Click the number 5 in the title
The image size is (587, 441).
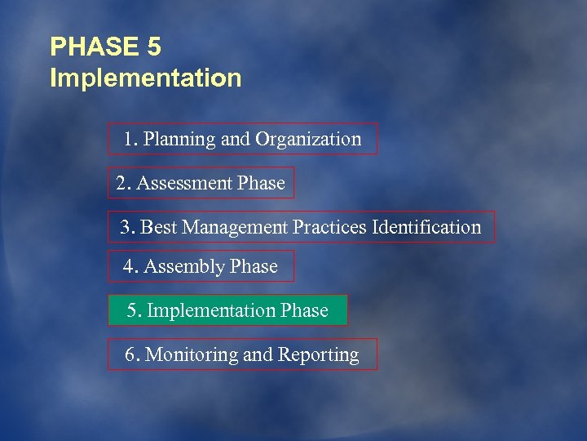point(154,47)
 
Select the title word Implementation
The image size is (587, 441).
point(146,78)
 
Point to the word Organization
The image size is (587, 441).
point(307,140)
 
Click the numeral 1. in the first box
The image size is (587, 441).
point(130,140)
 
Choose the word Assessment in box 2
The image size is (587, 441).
point(184,184)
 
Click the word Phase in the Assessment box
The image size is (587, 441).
point(261,184)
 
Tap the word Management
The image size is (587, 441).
point(235,227)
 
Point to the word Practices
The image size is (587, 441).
point(329,227)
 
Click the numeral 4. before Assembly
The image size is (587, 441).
point(130,267)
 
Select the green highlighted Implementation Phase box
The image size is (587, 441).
point(227,310)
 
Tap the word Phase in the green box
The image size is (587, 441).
point(304,311)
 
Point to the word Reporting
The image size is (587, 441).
point(319,355)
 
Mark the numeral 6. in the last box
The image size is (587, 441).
point(132,354)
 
